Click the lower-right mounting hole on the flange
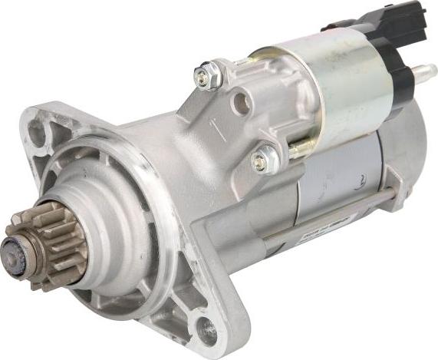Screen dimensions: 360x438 (207, 330)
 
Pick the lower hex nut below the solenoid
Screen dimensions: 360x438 (263, 160)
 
